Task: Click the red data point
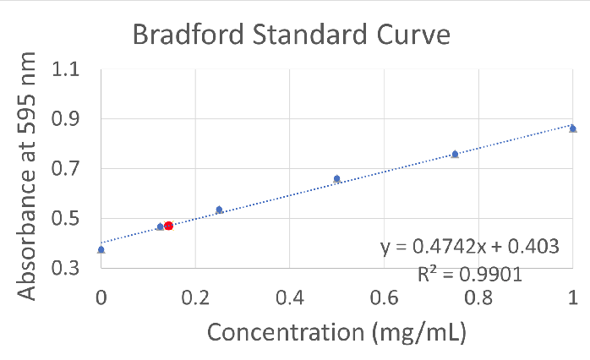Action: pos(168,226)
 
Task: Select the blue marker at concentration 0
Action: pos(101,249)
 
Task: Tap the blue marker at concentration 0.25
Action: pos(219,210)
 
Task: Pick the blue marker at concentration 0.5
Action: pos(336,178)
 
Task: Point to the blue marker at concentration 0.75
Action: pos(455,154)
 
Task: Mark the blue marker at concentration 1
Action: pos(572,128)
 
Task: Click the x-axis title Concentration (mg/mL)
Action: pos(336,332)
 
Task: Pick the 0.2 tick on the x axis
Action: pos(195,297)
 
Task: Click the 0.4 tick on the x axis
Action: pos(289,297)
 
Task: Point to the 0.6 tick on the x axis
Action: pos(384,297)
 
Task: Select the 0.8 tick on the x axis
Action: pos(478,297)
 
